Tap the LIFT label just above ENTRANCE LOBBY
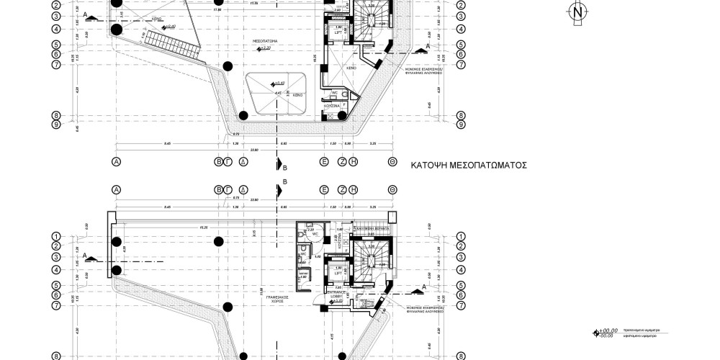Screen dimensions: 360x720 (x=337, y=273)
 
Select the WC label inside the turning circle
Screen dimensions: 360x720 (x=315, y=234)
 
